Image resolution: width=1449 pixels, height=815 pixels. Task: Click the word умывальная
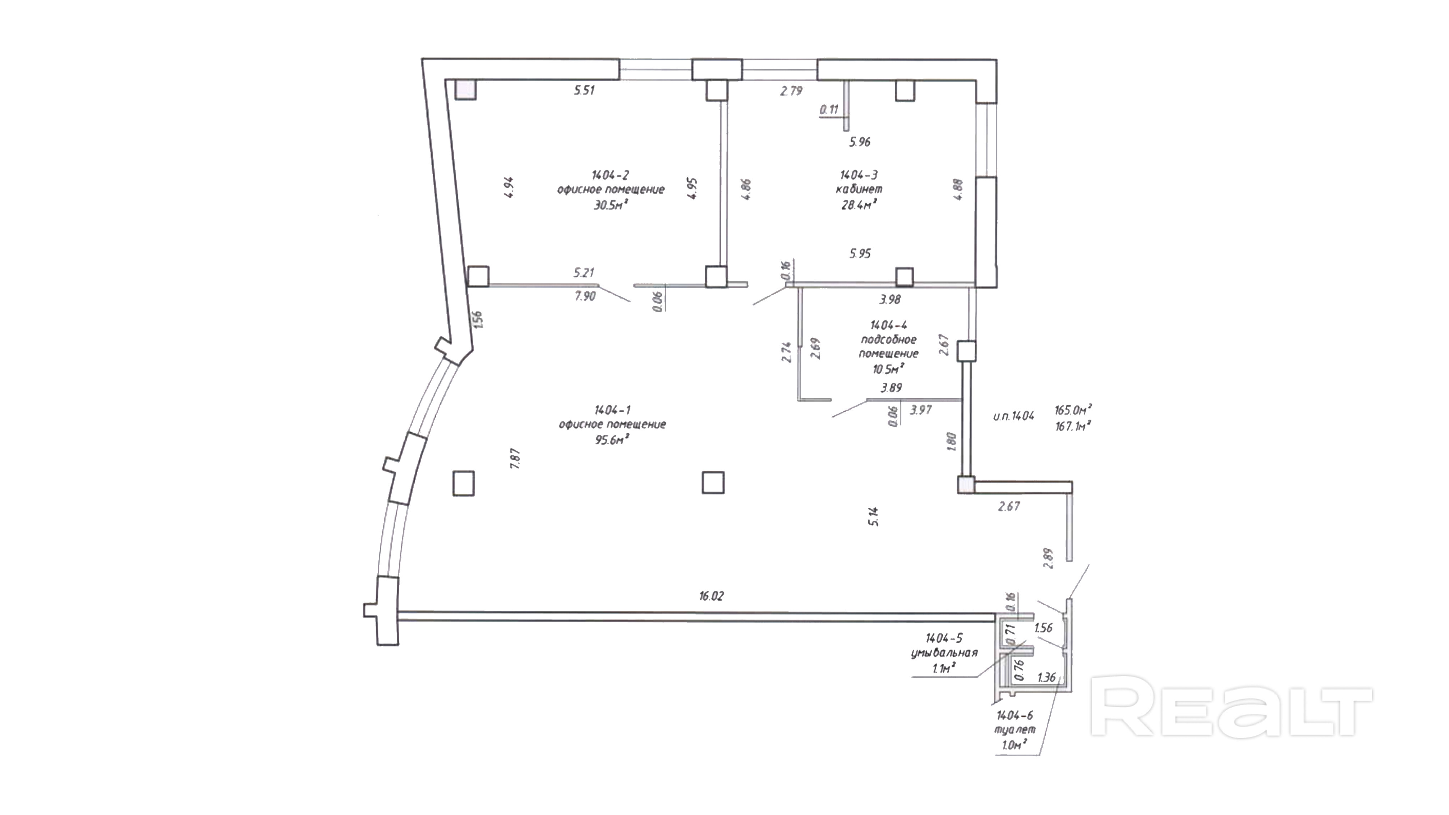pos(944,653)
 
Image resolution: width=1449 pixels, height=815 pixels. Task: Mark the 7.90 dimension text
pos(585,296)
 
